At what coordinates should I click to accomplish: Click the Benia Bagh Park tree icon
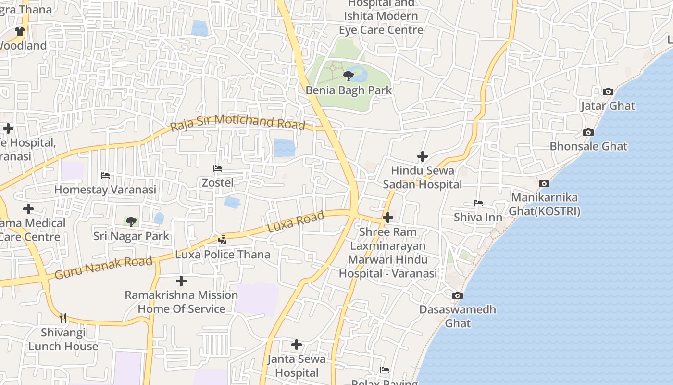point(349,76)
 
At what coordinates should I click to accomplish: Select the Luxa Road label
point(296,222)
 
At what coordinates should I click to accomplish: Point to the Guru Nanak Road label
point(103,268)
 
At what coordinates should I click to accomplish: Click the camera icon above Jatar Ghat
point(608,91)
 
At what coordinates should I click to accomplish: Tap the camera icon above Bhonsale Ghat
point(588,132)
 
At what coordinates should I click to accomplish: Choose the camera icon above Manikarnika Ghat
point(544,183)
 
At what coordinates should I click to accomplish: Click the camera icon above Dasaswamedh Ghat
point(458,295)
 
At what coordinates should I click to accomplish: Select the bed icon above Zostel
point(218,168)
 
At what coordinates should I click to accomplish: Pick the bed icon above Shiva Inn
point(478,203)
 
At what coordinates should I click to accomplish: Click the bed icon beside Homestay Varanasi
point(105,176)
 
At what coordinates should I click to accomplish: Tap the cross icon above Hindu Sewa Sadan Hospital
point(423,156)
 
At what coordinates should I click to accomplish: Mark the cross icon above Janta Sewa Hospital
point(297,345)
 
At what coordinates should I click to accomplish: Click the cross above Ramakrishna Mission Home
point(181,281)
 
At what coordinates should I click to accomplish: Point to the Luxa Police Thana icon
point(223,240)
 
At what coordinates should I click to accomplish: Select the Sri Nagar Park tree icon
point(131,222)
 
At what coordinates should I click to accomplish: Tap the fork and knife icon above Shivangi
point(63,318)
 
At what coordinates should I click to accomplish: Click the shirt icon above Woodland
point(19,31)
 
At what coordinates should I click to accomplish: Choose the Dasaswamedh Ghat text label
point(458,316)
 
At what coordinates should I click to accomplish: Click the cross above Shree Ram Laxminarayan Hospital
point(388,218)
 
